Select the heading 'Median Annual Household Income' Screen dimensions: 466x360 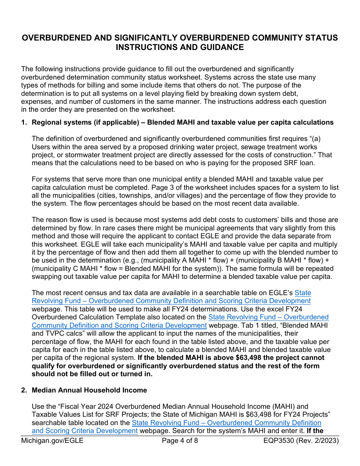click(x=89, y=390)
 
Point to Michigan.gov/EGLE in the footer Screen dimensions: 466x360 click(x=52, y=441)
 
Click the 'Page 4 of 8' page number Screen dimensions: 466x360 click(x=180, y=441)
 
